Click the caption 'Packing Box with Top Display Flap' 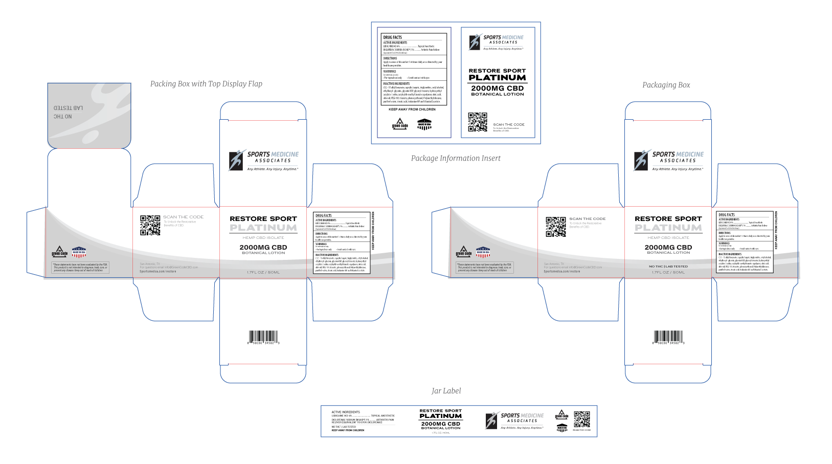(206, 84)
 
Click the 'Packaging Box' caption (666, 85)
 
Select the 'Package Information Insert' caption (456, 159)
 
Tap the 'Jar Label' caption (446, 391)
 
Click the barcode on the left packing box (263, 337)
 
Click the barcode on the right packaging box (668, 337)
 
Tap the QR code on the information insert (478, 122)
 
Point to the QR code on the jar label (581, 419)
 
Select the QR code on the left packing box (150, 225)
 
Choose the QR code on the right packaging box (555, 227)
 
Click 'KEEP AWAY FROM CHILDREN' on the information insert (412, 109)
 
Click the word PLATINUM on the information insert (497, 78)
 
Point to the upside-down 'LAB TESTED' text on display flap (69, 108)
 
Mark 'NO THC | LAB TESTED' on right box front (668, 267)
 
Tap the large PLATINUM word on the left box (263, 228)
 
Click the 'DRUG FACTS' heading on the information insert (393, 37)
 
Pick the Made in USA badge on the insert (424, 125)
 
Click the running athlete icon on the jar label (492, 420)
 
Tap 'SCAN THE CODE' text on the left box (183, 217)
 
